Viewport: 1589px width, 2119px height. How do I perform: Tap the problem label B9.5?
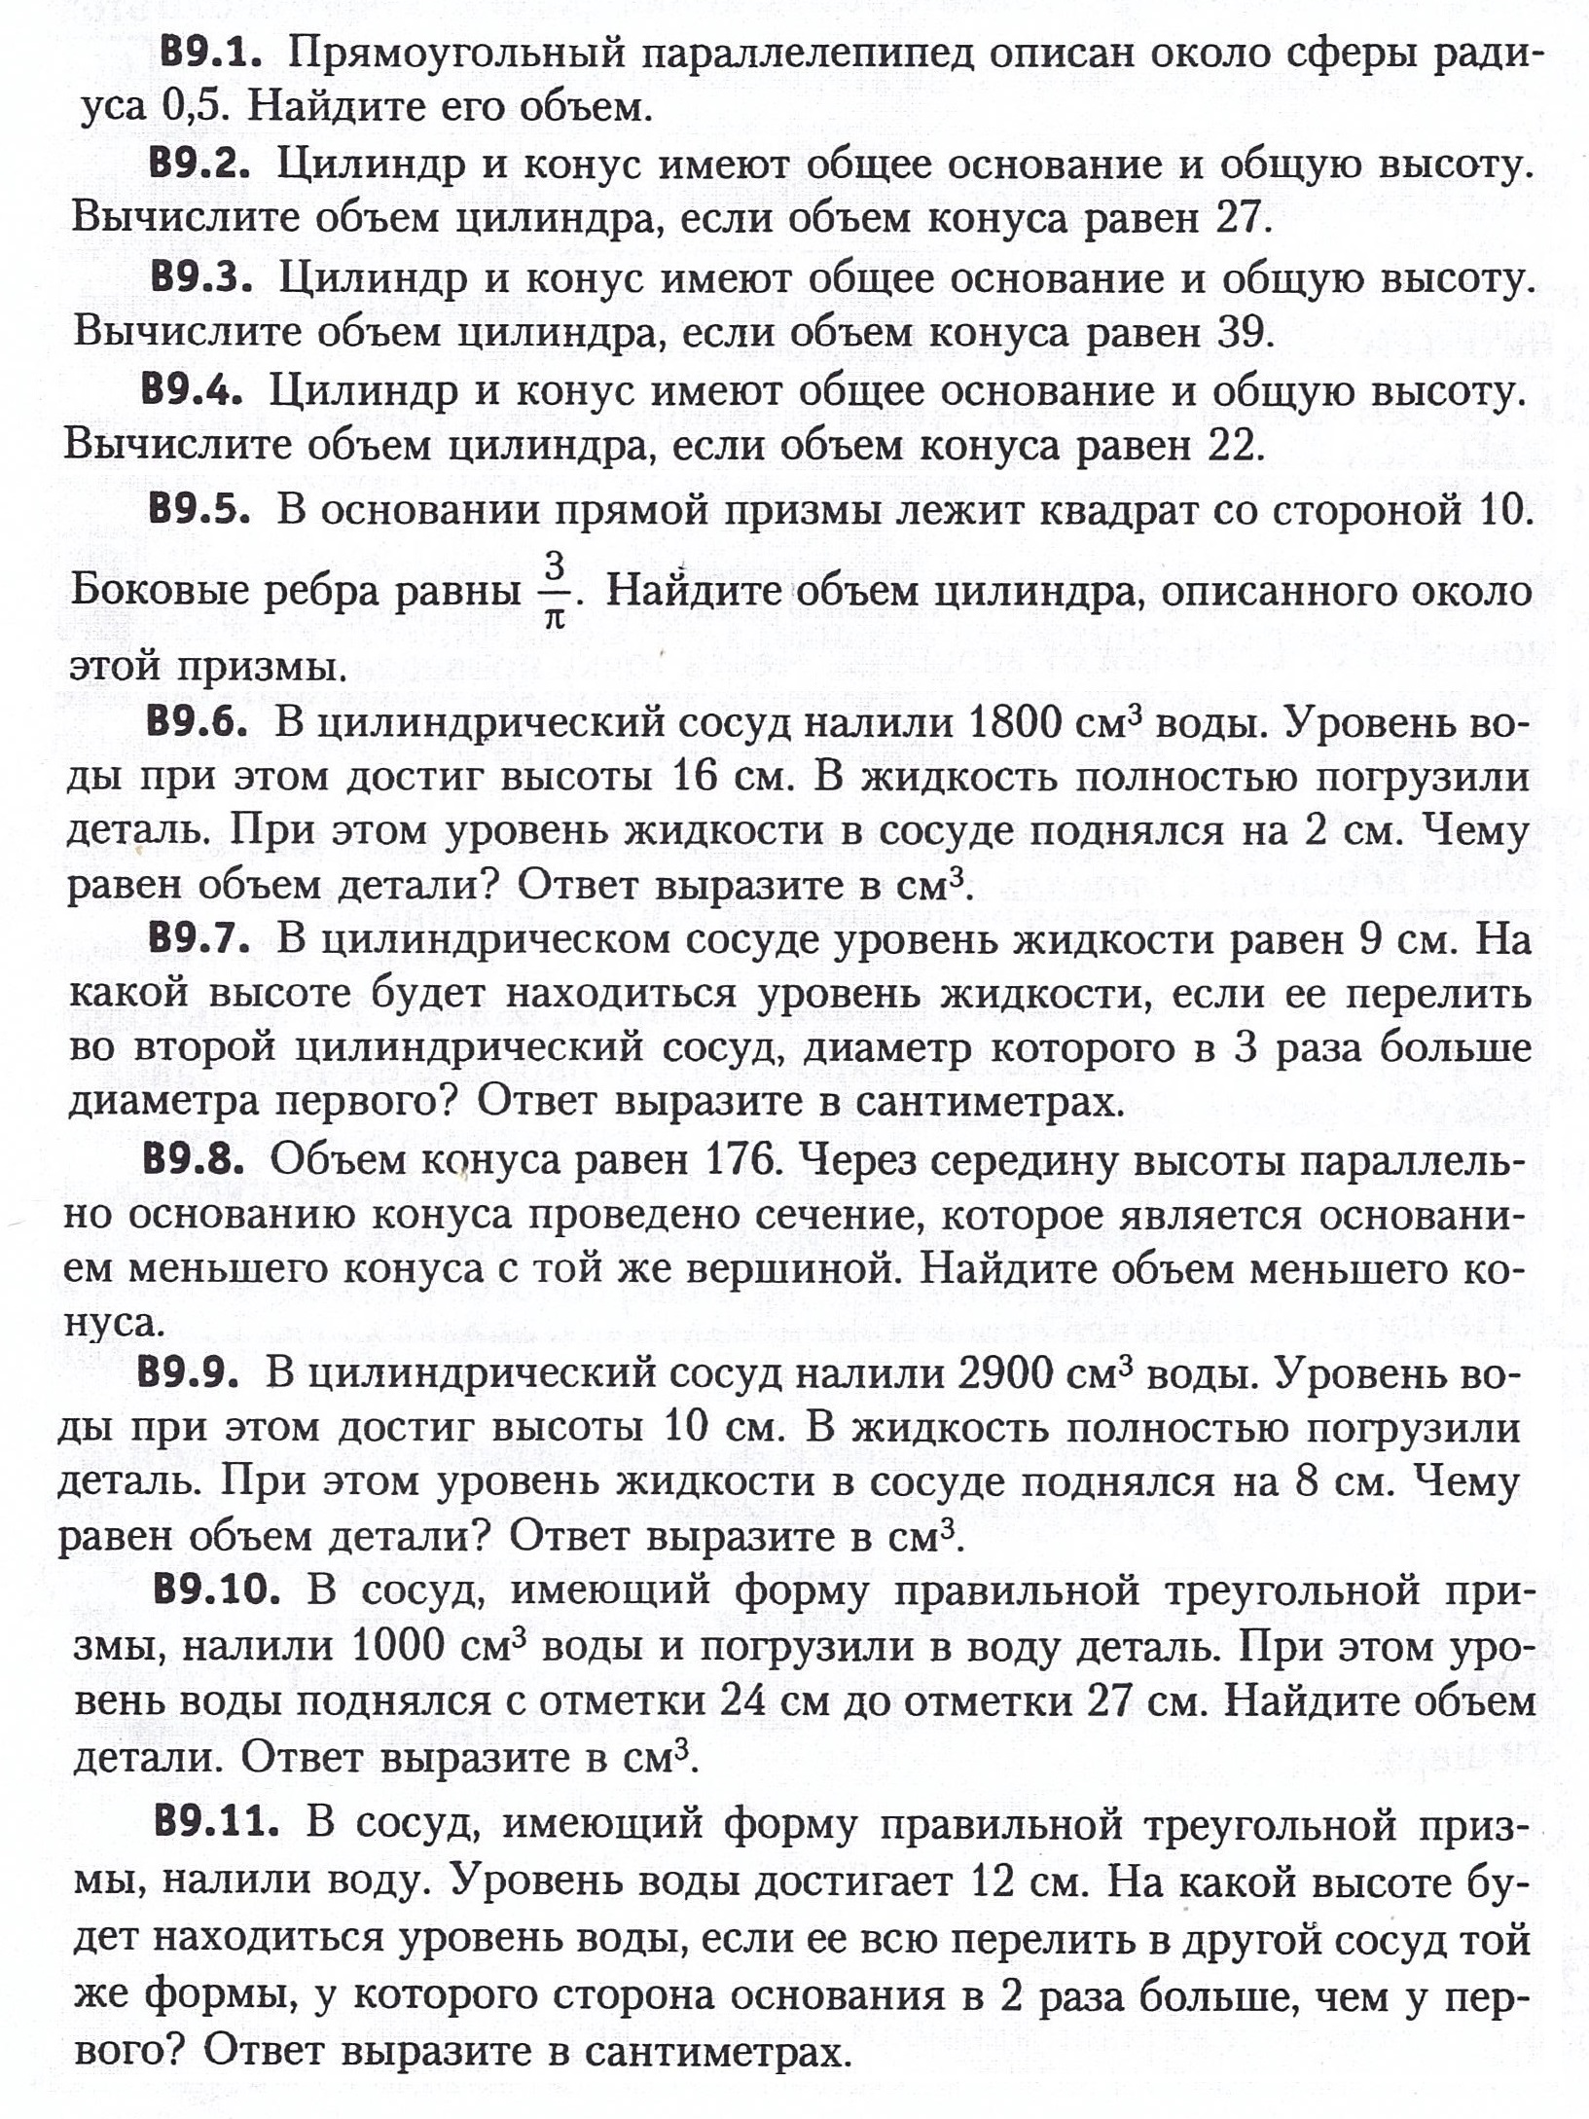(x=199, y=510)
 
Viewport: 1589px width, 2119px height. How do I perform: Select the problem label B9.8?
(x=193, y=1159)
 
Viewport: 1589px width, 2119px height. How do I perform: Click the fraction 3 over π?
(x=555, y=590)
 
